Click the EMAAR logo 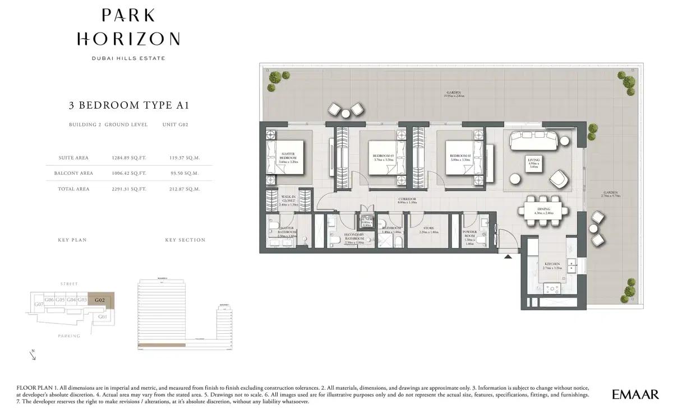click(x=635, y=395)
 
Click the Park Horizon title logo click(x=128, y=29)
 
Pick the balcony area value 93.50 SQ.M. click(x=185, y=174)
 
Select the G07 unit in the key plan click(x=38, y=305)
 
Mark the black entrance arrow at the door click(x=508, y=257)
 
